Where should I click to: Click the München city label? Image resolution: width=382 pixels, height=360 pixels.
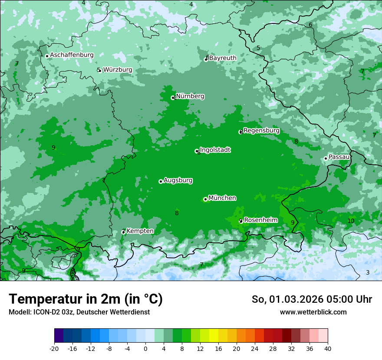click(222, 198)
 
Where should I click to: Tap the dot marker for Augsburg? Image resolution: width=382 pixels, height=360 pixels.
click(161, 181)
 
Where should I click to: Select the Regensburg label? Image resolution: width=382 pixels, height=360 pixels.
click(261, 131)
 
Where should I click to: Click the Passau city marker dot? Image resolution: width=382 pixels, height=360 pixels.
click(326, 158)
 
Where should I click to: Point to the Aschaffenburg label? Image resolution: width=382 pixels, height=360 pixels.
click(72, 55)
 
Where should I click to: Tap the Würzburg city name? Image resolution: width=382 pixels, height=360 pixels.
click(118, 70)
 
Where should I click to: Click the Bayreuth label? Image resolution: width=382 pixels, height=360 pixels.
click(223, 58)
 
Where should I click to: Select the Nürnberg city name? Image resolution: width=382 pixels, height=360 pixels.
click(190, 96)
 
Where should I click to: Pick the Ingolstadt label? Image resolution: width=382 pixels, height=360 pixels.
click(215, 150)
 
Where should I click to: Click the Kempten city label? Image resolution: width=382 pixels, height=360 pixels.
click(140, 231)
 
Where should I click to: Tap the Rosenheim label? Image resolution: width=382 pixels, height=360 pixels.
click(260, 220)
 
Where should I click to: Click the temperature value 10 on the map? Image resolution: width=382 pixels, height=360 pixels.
click(351, 221)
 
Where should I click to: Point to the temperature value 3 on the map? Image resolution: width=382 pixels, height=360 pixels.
click(368, 272)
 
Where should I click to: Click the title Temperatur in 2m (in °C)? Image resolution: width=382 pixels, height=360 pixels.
click(86, 299)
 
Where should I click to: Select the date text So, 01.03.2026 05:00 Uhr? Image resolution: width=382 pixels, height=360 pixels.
click(312, 299)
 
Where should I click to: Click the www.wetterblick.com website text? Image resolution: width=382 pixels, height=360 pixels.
click(313, 312)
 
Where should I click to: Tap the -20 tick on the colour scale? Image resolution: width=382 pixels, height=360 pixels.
click(54, 348)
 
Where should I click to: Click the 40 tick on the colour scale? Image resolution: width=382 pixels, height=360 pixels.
click(328, 348)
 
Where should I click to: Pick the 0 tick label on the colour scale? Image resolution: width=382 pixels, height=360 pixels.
click(145, 348)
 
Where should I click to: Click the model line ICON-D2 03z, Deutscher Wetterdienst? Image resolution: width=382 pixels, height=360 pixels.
click(79, 312)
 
